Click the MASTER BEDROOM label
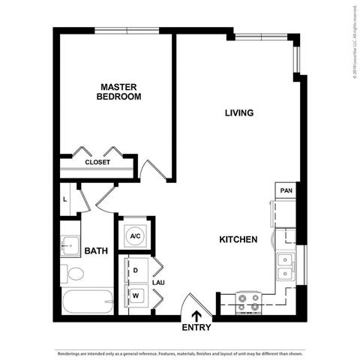(x=120, y=91)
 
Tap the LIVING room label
(x=239, y=113)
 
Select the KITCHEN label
(x=238, y=239)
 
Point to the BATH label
(x=95, y=251)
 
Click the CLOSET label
(x=97, y=162)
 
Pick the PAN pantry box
(x=286, y=191)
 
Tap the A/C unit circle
(x=136, y=236)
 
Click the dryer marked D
(x=136, y=269)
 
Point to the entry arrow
(x=196, y=316)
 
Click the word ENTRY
(x=196, y=328)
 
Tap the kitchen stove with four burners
(x=248, y=302)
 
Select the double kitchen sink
(x=286, y=266)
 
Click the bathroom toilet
(x=70, y=274)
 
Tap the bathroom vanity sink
(x=71, y=244)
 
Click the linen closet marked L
(x=66, y=199)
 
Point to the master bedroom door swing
(x=156, y=169)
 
